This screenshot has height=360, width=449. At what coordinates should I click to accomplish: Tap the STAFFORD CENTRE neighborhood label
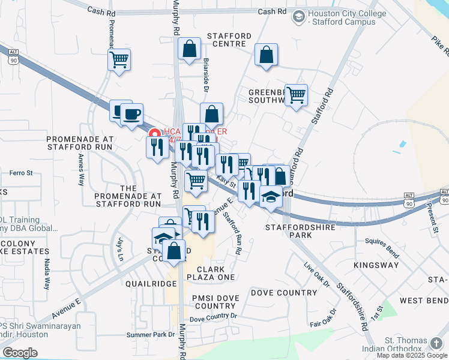pos(226,40)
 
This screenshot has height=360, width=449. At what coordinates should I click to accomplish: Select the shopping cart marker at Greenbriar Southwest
pos(296,95)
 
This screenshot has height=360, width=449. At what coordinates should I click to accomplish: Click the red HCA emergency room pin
pos(154,134)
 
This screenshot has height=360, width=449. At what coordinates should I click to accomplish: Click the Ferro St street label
pos(20,173)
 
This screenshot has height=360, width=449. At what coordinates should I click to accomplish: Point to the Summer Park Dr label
pos(150,334)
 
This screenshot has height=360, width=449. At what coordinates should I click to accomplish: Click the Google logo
pos(20,353)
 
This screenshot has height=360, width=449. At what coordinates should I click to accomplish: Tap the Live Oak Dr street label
pos(317,274)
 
